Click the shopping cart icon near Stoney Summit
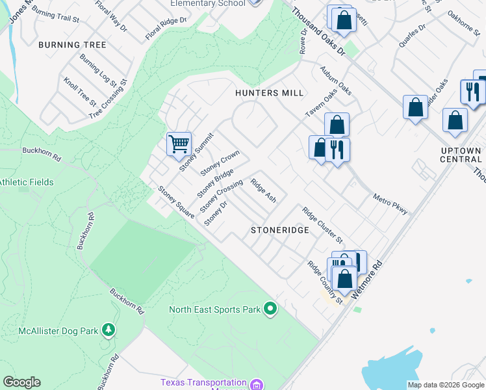178,144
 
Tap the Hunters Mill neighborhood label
270,93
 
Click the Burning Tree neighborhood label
72,45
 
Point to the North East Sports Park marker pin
271,309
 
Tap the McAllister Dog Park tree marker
109,331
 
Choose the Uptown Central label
461,155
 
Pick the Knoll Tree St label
79,92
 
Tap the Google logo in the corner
21,382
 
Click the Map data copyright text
445,385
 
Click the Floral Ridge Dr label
166,27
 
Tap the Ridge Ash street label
263,191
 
